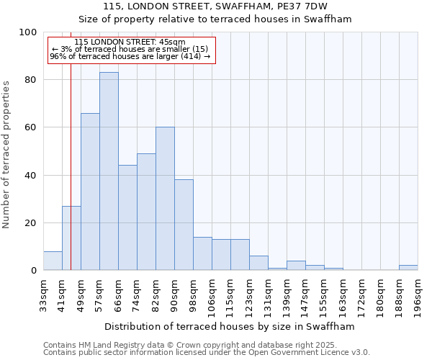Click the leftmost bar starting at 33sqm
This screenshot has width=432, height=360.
[53, 261]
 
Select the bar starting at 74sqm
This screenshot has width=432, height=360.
[146, 212]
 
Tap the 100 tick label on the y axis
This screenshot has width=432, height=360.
[28, 32]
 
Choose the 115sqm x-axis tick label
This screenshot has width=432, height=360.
[230, 295]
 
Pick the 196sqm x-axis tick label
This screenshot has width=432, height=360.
[418, 295]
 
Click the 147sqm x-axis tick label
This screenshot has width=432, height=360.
[305, 295]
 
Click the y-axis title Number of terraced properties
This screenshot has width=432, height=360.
[7, 155]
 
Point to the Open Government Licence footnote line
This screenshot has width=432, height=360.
[206, 353]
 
